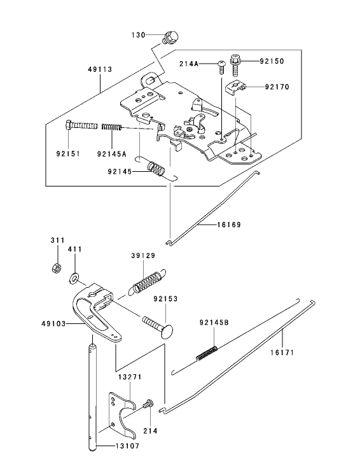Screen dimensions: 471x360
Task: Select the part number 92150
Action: pos(272,61)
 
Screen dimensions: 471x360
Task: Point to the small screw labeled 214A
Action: pos(221,64)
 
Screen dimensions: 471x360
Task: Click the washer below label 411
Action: pos(75,277)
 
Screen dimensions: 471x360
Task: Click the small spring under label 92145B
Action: pos(207,352)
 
